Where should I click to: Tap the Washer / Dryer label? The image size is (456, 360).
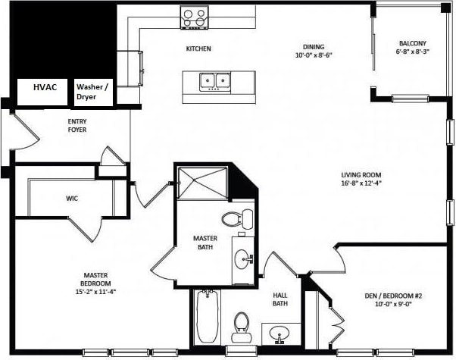pyautogui.click(x=92, y=92)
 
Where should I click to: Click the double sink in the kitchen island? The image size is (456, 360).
pyautogui.click(x=214, y=80)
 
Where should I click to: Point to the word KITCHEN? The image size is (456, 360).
pyautogui.click(x=198, y=49)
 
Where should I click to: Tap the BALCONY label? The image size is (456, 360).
pyautogui.click(x=412, y=43)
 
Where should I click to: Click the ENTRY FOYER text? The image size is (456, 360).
pyautogui.click(x=77, y=126)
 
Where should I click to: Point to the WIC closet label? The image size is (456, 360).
pyautogui.click(x=72, y=199)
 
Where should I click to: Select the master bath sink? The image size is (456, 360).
pyautogui.click(x=243, y=259)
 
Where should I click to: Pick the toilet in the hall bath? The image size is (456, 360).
pyautogui.click(x=242, y=323)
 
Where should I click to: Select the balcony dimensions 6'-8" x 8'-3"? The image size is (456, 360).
pyautogui.click(x=412, y=53)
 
